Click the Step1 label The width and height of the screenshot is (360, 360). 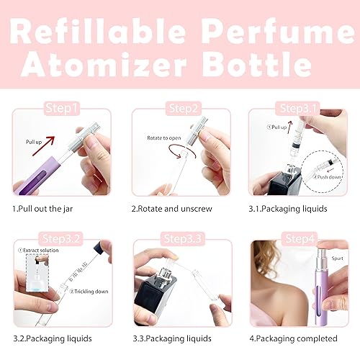tap(61, 109)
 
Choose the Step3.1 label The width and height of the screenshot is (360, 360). tap(301, 109)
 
